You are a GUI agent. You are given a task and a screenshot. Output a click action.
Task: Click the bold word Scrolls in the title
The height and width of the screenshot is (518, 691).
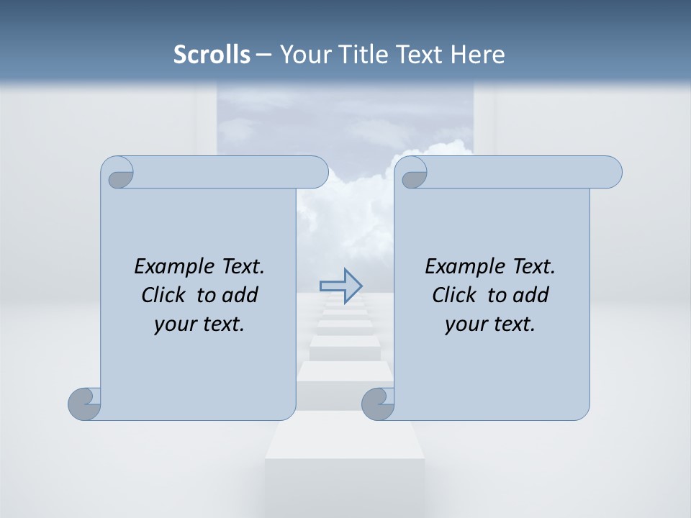pos(212,55)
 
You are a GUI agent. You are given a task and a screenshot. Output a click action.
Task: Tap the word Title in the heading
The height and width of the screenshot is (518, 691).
pos(357,55)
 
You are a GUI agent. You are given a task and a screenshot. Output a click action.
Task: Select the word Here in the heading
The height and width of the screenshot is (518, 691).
pos(477,55)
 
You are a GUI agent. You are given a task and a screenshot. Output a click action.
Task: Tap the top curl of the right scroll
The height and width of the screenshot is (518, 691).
pos(412,173)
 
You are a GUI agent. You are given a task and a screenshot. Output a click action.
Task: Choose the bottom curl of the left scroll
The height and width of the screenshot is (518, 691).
pos(84,404)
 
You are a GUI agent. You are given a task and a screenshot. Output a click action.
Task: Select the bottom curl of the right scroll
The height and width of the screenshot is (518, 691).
pos(377,404)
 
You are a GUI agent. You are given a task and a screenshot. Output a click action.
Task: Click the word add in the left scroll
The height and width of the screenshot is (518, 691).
pos(240,295)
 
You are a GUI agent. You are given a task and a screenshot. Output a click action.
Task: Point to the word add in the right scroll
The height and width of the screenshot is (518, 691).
pos(531,295)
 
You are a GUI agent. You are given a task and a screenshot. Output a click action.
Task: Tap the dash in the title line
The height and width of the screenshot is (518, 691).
pos(263,55)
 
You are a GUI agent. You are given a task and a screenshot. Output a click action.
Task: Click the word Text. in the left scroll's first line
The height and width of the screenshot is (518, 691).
pos(241,267)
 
